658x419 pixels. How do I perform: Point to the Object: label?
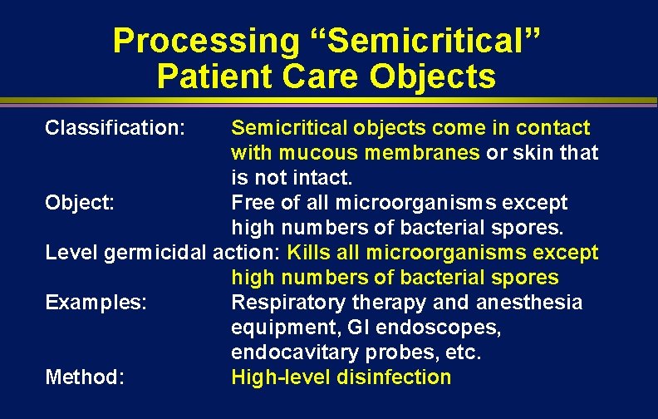pyautogui.click(x=80, y=203)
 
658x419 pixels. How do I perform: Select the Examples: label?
pyautogui.click(x=96, y=303)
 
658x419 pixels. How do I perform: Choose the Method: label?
pyautogui.click(x=85, y=377)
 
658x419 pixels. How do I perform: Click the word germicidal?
pyautogui.click(x=157, y=253)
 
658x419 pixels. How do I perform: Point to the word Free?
pyautogui.click(x=251, y=203)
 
